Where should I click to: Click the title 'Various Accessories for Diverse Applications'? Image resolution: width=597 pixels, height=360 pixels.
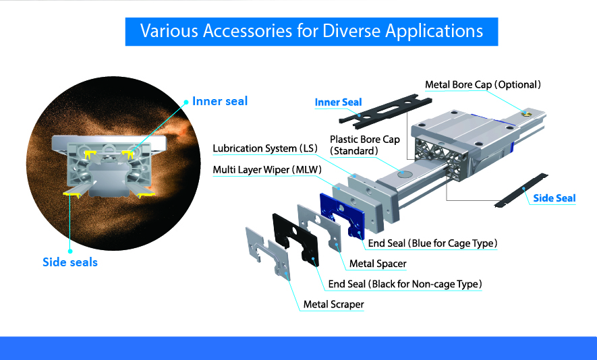(x=312, y=31)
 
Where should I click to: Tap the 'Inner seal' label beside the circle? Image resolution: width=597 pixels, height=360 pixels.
(x=220, y=101)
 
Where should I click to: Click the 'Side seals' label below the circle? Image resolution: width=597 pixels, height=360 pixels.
(x=70, y=262)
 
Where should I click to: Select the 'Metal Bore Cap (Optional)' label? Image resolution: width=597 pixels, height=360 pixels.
(x=483, y=84)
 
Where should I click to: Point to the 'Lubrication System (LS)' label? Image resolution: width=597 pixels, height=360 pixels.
(x=265, y=148)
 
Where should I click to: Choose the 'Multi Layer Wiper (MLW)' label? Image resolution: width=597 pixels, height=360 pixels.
(x=267, y=170)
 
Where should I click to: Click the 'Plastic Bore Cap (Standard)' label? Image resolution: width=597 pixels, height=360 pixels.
(x=365, y=146)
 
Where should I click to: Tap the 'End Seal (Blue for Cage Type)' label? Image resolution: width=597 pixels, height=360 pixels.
(x=432, y=243)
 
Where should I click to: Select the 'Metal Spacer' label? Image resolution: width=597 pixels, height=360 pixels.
(x=378, y=264)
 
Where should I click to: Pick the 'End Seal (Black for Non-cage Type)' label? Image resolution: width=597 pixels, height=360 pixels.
(x=405, y=284)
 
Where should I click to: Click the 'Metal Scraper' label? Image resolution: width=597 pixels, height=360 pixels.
(x=333, y=305)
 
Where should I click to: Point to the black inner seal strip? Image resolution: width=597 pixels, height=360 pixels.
(x=385, y=111)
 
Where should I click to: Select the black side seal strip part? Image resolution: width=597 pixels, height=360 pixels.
(x=521, y=190)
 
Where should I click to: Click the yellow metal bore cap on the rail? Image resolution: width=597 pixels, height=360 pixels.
(x=527, y=113)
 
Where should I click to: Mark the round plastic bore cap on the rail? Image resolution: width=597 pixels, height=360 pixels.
(x=405, y=174)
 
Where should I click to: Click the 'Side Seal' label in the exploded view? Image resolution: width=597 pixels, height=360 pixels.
(x=555, y=198)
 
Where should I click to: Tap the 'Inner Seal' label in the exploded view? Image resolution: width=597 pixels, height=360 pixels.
(x=338, y=102)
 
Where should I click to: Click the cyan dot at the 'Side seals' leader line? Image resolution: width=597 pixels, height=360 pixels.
(x=70, y=251)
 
